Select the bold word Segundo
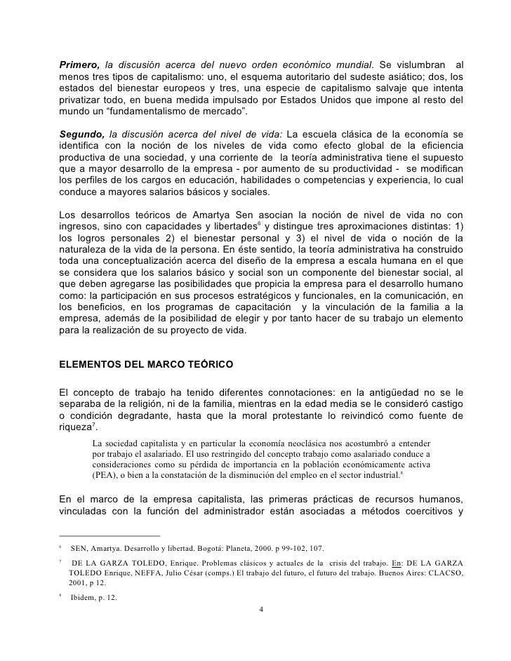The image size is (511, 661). pos(82,134)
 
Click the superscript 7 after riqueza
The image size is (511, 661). pos(93,424)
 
